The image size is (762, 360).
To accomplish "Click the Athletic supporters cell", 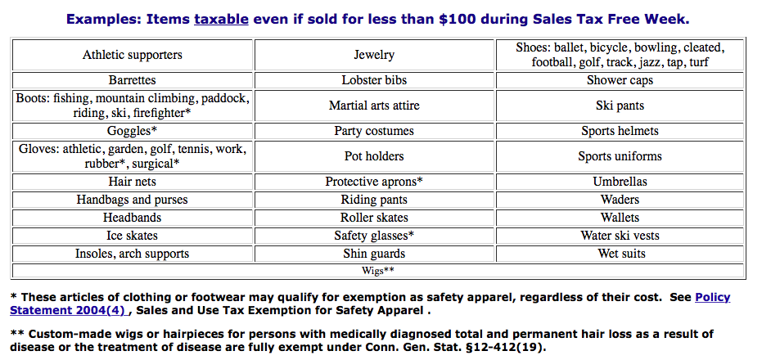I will [x=133, y=55].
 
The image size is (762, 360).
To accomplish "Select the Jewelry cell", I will [x=374, y=55].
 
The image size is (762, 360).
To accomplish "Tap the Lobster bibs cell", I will [x=374, y=81].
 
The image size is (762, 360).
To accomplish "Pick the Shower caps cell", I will [x=620, y=81].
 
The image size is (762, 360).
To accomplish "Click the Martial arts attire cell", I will [x=374, y=106].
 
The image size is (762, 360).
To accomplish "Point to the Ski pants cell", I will [x=620, y=106].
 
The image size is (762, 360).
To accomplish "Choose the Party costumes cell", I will [x=374, y=131].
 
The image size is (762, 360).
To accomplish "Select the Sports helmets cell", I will [x=620, y=131].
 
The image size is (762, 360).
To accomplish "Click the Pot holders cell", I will [x=374, y=156].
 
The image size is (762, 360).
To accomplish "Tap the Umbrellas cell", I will [x=620, y=182].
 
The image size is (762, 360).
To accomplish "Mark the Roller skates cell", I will [x=374, y=218].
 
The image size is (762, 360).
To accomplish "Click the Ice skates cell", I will [x=133, y=236].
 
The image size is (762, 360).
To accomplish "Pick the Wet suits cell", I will [x=620, y=254].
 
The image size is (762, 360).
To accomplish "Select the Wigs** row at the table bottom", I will [x=378, y=270].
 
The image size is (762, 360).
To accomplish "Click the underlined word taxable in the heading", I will [x=221, y=19].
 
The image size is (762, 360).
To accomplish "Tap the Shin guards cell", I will [x=374, y=254].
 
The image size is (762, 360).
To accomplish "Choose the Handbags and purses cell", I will [x=133, y=200].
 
